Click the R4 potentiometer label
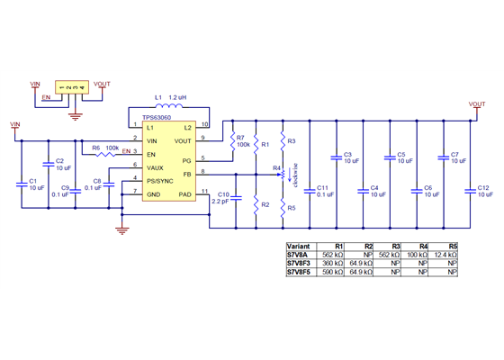276,167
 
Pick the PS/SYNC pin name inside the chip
159,180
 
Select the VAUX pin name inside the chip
155,167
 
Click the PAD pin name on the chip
184,193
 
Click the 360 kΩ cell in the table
334,262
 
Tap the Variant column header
299,246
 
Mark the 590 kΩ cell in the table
334,270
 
